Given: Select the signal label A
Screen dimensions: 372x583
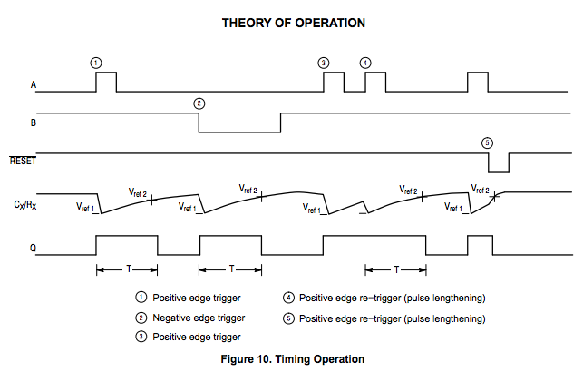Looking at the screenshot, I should pyautogui.click(x=34, y=86).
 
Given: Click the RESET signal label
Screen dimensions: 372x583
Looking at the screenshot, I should pyautogui.click(x=24, y=160).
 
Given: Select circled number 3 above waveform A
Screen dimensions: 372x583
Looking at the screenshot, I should pyautogui.click(x=324, y=63).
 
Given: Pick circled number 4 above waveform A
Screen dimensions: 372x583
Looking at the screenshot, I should pyautogui.click(x=364, y=63).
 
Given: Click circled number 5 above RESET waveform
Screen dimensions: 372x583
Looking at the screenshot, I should pyautogui.click(x=488, y=142).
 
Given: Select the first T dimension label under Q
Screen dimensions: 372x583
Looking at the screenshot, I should pyautogui.click(x=127, y=269).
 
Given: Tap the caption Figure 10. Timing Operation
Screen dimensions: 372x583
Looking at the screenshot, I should pyautogui.click(x=292, y=357).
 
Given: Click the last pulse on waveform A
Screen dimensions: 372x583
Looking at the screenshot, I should pyautogui.click(x=478, y=82).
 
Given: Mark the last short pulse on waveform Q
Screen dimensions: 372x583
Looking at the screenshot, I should pyautogui.click(x=478, y=245).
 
